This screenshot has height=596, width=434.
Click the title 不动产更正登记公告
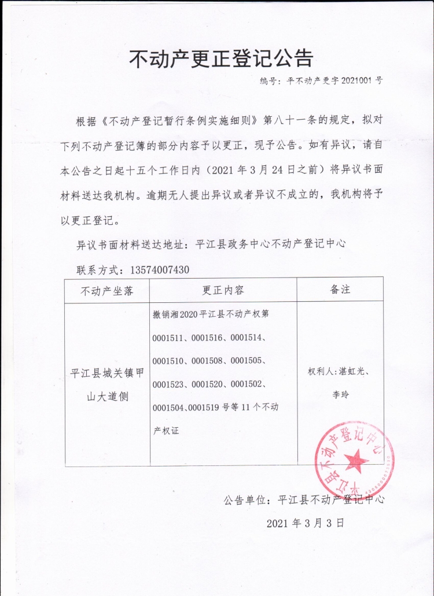point(220,58)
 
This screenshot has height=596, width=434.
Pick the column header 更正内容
point(223,290)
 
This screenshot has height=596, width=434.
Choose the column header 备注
point(340,289)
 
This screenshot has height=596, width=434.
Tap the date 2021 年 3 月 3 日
point(306,523)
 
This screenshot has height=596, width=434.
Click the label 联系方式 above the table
point(96,270)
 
